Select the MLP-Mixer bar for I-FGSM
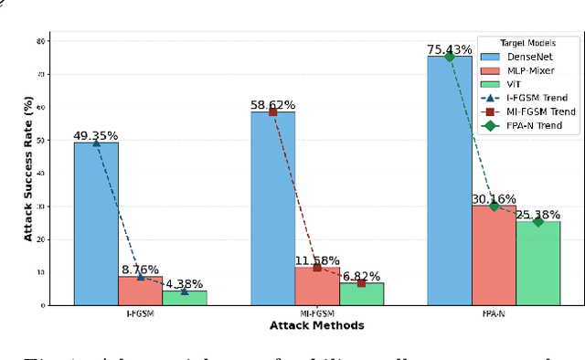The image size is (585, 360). click(140, 291)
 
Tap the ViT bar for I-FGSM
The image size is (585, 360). click(184, 298)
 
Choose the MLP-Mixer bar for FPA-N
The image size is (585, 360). click(494, 255)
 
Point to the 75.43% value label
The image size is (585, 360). click(450, 49)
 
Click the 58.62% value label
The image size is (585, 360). click(272, 105)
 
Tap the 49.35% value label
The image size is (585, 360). click(96, 136)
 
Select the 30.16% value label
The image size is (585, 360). click(494, 199)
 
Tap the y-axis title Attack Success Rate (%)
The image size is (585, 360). click(28, 171)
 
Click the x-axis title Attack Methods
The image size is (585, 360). click(316, 325)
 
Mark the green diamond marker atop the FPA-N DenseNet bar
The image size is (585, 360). click(450, 57)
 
